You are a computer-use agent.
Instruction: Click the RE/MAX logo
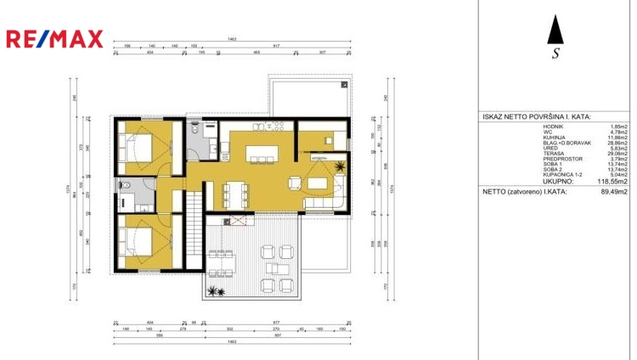[54, 38]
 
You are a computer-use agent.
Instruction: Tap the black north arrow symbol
[555, 31]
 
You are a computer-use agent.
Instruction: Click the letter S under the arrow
[555, 54]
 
